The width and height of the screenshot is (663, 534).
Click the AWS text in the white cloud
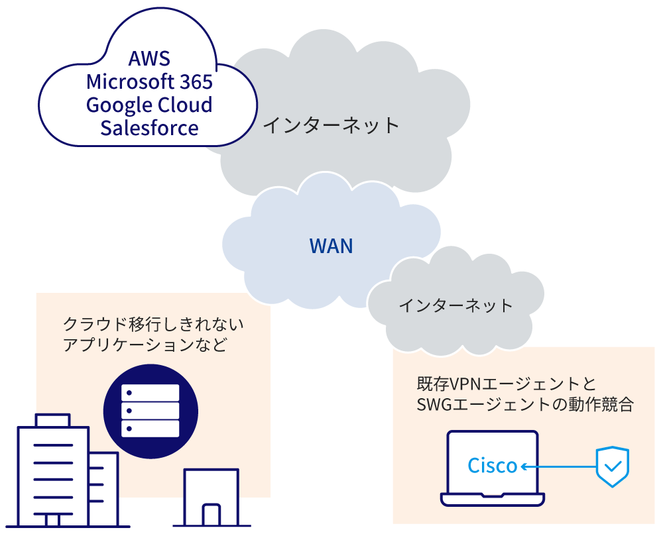pos(149,59)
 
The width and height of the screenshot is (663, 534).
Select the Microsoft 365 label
pos(149,82)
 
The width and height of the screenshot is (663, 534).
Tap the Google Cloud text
pos(149,105)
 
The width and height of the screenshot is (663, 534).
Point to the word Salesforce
pos(149,127)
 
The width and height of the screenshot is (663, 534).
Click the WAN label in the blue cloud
pos(331,246)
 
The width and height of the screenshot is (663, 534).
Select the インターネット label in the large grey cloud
pos(331,125)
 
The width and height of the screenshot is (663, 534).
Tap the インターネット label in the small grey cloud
pos(455,305)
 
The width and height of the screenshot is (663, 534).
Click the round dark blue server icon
pos(151,411)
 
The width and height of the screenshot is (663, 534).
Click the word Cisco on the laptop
pos(492,466)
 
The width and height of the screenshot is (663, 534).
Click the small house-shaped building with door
pos(210,497)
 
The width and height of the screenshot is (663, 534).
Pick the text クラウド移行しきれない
pos(153,325)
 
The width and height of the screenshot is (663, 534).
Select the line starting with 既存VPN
pos(507,384)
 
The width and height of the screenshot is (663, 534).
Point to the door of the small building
pos(211,515)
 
